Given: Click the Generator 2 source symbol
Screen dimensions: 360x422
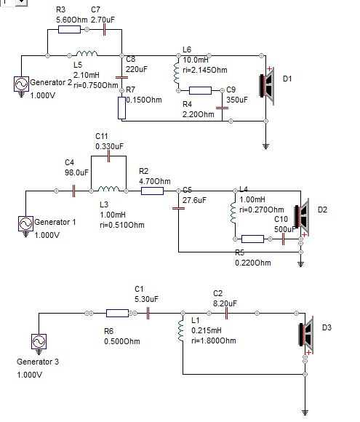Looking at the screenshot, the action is [x=22, y=84].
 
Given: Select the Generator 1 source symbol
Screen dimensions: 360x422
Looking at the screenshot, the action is [x=26, y=223].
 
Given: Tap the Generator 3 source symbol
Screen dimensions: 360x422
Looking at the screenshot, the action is [x=39, y=341].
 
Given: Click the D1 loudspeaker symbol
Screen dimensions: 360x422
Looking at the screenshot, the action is [x=267, y=86].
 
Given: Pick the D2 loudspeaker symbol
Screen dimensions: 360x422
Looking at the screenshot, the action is [x=302, y=217].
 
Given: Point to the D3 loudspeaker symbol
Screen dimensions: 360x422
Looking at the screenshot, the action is [x=306, y=335].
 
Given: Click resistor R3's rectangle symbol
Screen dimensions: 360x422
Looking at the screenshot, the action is [x=69, y=29].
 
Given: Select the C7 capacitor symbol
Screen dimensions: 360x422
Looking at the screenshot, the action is [x=105, y=29].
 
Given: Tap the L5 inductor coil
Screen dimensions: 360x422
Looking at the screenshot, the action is [x=87, y=53].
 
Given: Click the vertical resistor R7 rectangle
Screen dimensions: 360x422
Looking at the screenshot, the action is [x=121, y=108].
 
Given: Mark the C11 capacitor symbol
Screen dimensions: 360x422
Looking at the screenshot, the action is [x=108, y=156].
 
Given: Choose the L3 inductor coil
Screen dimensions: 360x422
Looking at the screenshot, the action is [x=108, y=188].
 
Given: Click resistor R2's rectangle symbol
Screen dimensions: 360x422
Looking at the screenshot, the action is [x=152, y=191].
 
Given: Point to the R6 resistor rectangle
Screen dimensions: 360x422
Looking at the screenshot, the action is [x=117, y=313].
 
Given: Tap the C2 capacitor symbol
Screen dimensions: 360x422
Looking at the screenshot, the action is [x=226, y=313].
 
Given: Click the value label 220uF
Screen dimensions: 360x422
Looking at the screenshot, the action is [x=137, y=69].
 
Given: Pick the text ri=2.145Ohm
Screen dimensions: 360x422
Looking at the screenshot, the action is [x=205, y=70].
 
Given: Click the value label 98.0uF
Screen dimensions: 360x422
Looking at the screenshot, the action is [x=76, y=172].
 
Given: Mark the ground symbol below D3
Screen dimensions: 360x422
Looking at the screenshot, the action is [x=305, y=412].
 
